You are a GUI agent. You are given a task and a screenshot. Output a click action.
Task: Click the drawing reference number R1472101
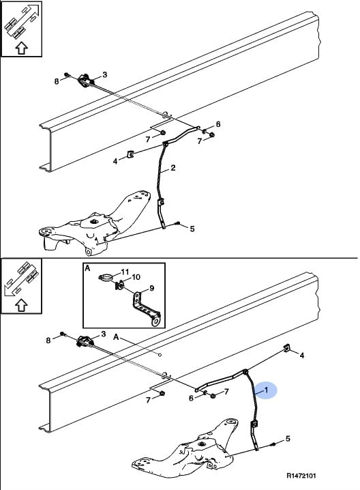click(301, 476)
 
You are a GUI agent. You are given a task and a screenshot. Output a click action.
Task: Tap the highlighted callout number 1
click(267, 390)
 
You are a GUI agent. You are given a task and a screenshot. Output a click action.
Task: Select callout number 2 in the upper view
click(173, 168)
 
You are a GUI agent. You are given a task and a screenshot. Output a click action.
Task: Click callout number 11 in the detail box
click(125, 272)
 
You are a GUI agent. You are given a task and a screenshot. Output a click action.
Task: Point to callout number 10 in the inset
click(136, 277)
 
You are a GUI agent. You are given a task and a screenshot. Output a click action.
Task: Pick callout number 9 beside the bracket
click(152, 288)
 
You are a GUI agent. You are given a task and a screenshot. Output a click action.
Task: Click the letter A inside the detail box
click(87, 268)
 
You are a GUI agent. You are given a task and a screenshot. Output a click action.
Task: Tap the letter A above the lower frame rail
click(116, 337)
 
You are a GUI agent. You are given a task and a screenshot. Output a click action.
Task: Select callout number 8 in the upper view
click(57, 81)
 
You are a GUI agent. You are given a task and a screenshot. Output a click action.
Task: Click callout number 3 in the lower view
click(104, 334)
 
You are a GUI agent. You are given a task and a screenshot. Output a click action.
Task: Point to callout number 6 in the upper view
click(218, 124)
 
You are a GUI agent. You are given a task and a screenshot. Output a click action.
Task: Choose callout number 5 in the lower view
click(288, 438)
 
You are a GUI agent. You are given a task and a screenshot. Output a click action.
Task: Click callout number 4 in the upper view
click(115, 161)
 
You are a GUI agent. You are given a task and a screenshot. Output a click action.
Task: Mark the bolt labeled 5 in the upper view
click(177, 222)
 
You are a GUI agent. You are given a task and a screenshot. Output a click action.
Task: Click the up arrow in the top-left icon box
click(22, 48)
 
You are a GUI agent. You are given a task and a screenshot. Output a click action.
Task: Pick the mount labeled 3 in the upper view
click(85, 81)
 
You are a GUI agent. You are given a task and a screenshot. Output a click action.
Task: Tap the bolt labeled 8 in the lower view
click(62, 334)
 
